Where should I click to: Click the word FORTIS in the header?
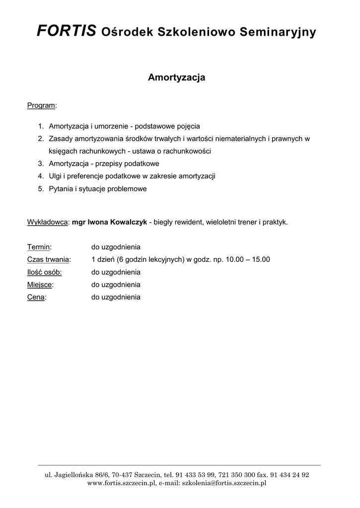point(67,32)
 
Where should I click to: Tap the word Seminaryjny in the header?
point(278,33)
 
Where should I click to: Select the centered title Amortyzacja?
point(177,78)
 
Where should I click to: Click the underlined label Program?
point(41,105)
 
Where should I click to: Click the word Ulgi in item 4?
point(56,176)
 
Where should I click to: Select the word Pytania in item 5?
point(61,189)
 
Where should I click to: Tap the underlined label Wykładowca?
point(47,222)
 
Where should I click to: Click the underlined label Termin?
point(39,247)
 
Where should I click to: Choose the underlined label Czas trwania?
point(48,259)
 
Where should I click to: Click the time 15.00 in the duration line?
point(261,259)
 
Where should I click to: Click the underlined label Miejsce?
point(40,285)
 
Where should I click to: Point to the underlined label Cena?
point(36,298)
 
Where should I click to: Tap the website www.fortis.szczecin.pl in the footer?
point(122,483)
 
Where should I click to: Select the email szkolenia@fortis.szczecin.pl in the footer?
point(224,483)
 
